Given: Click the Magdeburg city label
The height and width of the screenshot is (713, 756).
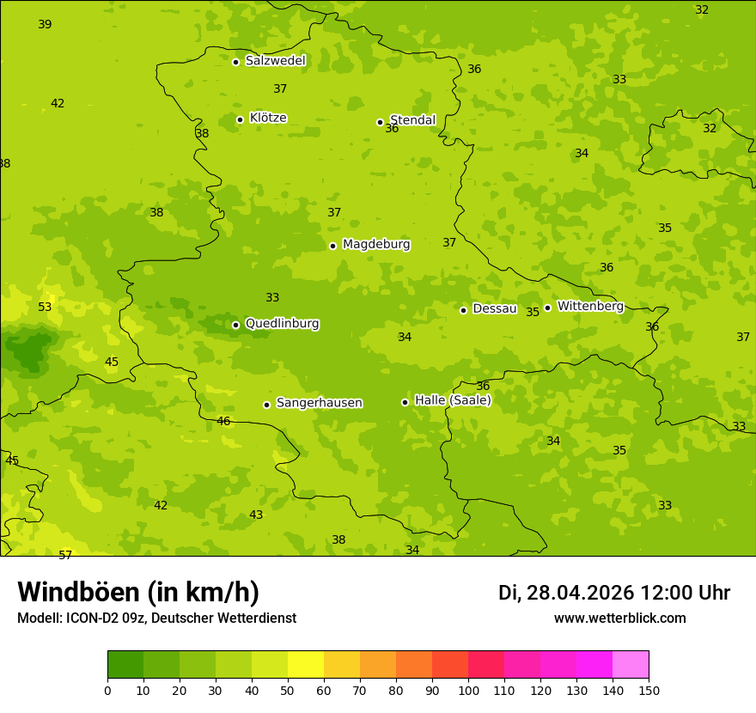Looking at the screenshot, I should point(376,245).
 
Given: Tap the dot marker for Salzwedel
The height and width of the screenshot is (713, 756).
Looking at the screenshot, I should point(235,62).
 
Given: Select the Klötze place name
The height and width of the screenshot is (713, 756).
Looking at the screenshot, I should point(268,119).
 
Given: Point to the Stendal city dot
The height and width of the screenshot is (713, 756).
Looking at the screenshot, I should point(380,122).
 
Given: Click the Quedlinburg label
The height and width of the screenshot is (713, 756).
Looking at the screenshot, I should point(282,324).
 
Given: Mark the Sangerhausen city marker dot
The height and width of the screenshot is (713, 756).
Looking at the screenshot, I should point(266,405).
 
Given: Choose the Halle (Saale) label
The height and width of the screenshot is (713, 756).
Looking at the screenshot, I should point(453,400).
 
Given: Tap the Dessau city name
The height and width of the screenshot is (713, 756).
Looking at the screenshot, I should point(494,308).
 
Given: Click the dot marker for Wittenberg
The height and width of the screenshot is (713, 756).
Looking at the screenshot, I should point(547,308).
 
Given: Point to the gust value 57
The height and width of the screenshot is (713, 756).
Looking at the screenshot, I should point(65,555).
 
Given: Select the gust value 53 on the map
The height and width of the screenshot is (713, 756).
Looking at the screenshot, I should point(45,307).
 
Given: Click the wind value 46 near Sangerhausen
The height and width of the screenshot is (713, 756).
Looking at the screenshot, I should point(223,421).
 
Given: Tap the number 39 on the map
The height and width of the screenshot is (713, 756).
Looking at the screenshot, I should point(45,24).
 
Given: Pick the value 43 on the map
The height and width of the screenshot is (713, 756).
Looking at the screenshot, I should point(256,515).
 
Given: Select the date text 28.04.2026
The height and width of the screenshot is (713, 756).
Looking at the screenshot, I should point(580,593).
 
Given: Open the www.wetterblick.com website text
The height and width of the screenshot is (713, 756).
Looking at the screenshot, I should point(619,619).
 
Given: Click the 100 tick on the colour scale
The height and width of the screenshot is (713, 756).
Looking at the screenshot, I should point(468,690).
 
